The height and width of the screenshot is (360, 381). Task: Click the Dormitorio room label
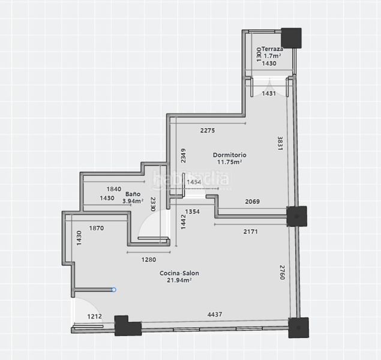click(x=229, y=155)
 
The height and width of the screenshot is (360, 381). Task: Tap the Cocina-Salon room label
click(x=179, y=273)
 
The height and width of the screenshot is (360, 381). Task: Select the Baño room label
click(x=133, y=194)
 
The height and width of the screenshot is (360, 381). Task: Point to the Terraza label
click(x=272, y=49)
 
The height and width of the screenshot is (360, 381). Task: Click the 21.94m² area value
click(x=179, y=280)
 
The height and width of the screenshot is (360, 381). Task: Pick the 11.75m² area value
click(x=229, y=162)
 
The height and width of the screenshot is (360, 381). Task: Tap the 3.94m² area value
click(x=133, y=201)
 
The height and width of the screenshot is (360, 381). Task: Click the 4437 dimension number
click(x=215, y=314)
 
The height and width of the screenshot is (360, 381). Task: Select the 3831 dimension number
click(x=280, y=143)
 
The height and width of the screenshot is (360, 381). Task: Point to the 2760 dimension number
click(x=282, y=272)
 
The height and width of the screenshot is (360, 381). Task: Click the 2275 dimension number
click(x=208, y=131)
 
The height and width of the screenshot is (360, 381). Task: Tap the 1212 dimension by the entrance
click(x=95, y=317)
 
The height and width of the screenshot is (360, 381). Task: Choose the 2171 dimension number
click(x=251, y=232)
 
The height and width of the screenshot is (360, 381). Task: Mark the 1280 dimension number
click(x=149, y=260)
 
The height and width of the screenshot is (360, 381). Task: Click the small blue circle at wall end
click(x=114, y=290)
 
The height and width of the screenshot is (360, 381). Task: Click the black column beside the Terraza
click(x=292, y=38)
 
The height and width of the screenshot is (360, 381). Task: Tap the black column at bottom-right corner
click(x=299, y=328)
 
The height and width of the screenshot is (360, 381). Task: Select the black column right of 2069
click(x=296, y=216)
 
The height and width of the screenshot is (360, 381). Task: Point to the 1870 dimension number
click(x=97, y=228)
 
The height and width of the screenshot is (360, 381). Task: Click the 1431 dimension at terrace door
click(x=269, y=93)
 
